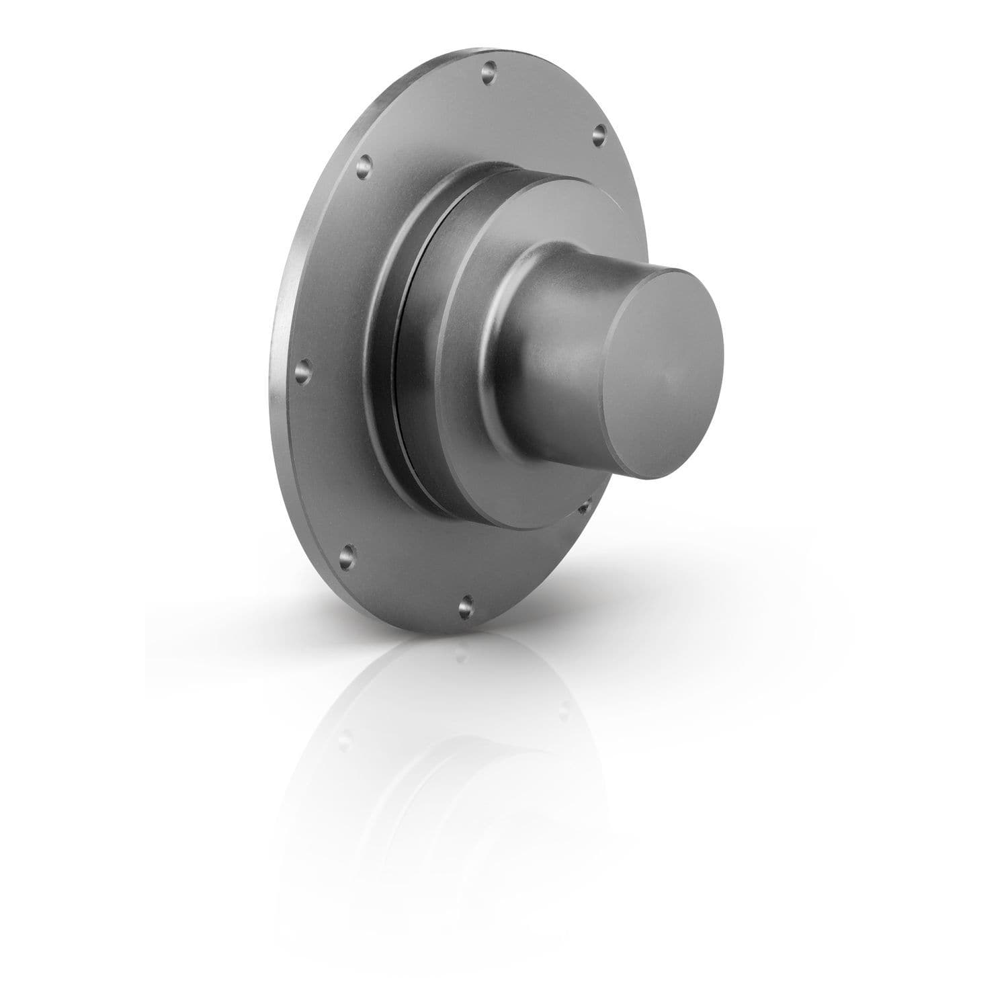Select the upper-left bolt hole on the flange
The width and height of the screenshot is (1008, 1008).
click(x=364, y=163)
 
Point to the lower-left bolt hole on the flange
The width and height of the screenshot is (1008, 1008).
click(x=347, y=555)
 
